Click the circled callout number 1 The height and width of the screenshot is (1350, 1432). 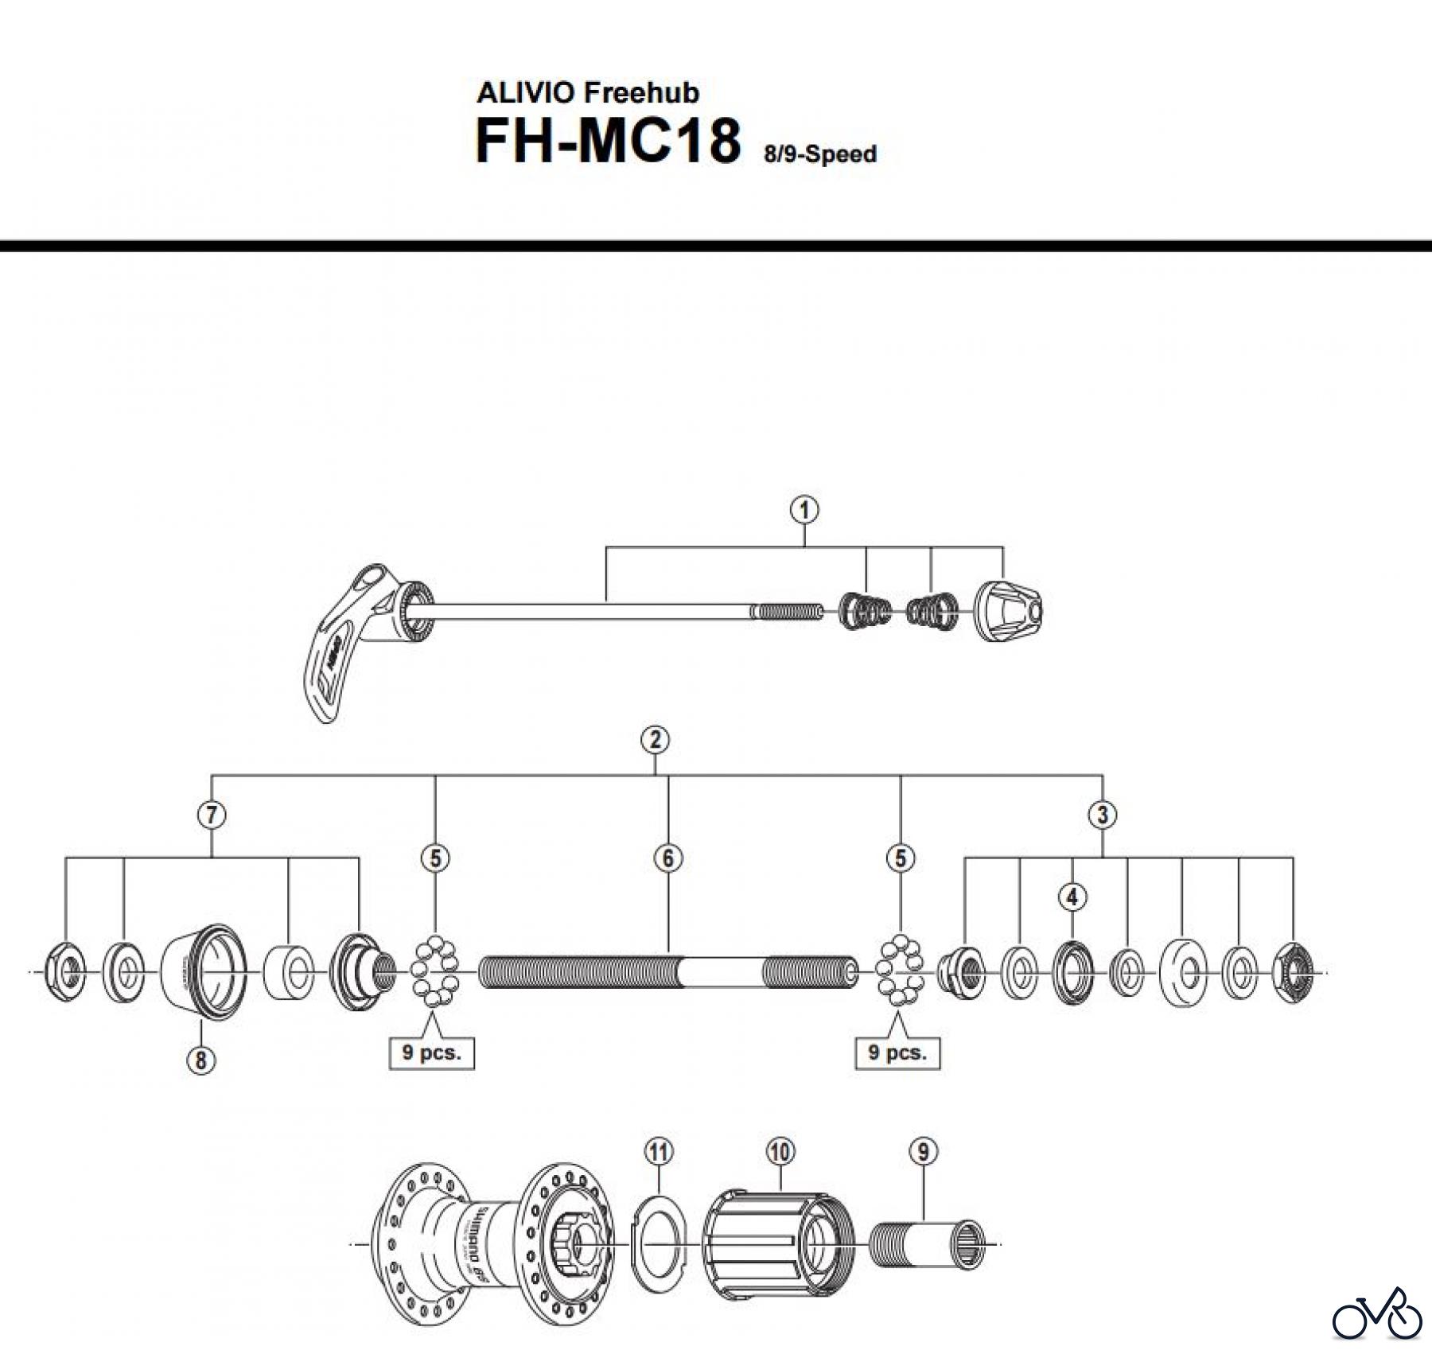(804, 510)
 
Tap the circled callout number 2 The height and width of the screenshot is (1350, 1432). (655, 740)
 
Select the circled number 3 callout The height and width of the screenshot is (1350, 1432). (1102, 814)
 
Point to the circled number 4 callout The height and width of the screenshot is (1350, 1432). (1072, 897)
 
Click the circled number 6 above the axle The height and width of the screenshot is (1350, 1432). (667, 858)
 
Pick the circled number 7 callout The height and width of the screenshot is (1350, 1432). (212, 814)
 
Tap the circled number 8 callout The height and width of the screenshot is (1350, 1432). (200, 1060)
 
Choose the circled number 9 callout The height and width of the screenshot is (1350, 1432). (923, 1151)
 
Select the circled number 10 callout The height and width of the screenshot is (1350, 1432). (780, 1151)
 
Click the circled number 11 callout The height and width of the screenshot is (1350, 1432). (660, 1151)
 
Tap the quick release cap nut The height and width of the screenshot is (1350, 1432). (1008, 612)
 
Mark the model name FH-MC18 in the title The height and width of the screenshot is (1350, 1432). (608, 142)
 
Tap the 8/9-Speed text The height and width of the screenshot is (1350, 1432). (820, 154)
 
